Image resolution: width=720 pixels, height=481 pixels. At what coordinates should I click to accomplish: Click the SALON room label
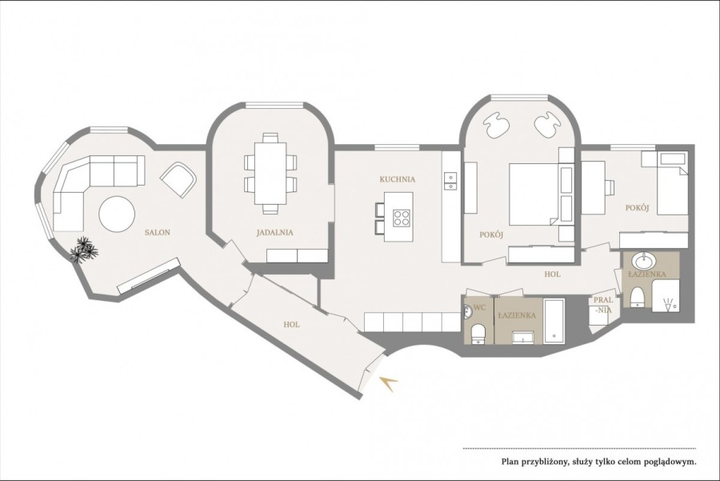pyautogui.click(x=158, y=233)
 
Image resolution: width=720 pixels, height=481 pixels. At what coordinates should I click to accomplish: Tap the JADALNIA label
pyautogui.click(x=274, y=233)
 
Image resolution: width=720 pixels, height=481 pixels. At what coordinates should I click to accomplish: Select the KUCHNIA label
pyautogui.click(x=397, y=180)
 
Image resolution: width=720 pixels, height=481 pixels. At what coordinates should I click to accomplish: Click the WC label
pyautogui.click(x=480, y=307)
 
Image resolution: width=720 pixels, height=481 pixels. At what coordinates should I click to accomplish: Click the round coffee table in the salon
pyautogui.click(x=117, y=214)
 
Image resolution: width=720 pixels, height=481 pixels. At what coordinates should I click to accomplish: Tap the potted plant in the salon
pyautogui.click(x=84, y=251)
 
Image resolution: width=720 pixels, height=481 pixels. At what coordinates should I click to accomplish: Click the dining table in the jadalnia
pyautogui.click(x=271, y=172)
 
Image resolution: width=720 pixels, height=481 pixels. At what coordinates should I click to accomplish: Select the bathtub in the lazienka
pyautogui.click(x=554, y=321)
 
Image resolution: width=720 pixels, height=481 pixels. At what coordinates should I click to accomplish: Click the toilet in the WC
pyautogui.click(x=478, y=332)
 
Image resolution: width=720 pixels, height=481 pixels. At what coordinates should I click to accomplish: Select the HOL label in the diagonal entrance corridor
pyautogui.click(x=292, y=326)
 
